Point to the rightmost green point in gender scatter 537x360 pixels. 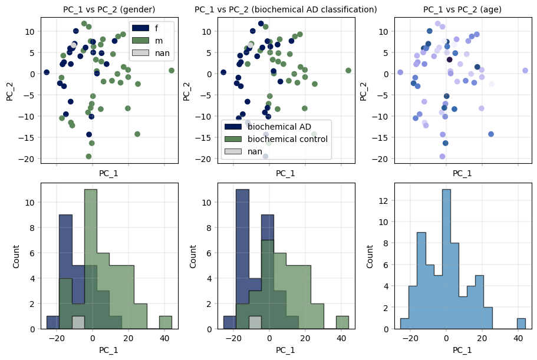[x=172, y=71]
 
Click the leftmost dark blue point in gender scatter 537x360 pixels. [x=47, y=72]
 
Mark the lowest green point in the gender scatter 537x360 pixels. [x=89, y=157]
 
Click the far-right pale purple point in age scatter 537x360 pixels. [x=525, y=71]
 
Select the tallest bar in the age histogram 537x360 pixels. [x=446, y=259]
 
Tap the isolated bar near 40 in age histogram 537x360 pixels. [x=521, y=323]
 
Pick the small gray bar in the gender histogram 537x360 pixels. [x=78, y=322]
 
